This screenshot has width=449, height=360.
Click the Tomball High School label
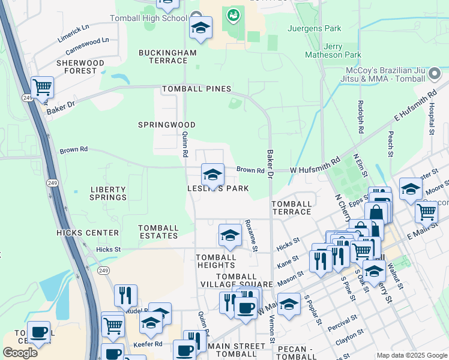(149, 19)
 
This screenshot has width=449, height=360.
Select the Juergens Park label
(315, 28)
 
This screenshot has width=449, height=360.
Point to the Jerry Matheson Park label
(334, 51)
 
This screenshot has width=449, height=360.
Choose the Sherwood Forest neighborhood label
(80, 67)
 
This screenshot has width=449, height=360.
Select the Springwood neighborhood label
(166, 125)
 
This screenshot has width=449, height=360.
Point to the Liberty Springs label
(109, 193)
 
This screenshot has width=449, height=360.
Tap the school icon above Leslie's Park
(212, 175)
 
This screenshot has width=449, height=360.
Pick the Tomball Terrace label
(292, 208)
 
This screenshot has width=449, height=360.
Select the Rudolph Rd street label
(361, 118)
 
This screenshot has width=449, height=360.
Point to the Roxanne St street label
(250, 235)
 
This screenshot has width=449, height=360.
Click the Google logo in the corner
(20, 353)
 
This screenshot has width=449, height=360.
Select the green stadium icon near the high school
(232, 14)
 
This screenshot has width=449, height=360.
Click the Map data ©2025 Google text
(411, 355)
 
